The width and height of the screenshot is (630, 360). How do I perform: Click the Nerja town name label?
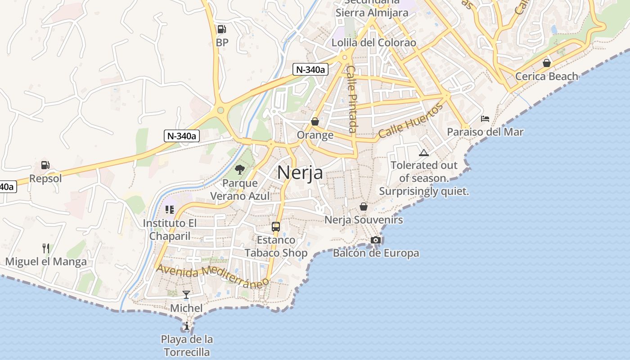tap(300, 172)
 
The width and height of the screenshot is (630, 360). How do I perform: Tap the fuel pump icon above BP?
tap(221, 29)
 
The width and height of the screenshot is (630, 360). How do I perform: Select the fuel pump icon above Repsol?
tap(45, 165)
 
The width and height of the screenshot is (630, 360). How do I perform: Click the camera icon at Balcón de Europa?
tap(376, 240)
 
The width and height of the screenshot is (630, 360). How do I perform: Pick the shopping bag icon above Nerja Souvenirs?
tap(364, 207)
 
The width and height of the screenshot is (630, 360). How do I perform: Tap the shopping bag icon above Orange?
tap(315, 121)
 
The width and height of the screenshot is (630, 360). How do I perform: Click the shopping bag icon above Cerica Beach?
tap(547, 63)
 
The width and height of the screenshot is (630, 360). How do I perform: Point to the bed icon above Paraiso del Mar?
tap(485, 119)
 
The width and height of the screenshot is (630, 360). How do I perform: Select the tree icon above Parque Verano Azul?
tap(240, 170)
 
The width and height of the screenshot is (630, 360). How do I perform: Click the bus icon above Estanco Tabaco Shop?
tap(276, 227)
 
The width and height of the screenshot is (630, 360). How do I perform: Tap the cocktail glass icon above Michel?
tap(186, 295)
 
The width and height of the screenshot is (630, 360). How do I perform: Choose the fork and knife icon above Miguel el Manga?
tap(46, 248)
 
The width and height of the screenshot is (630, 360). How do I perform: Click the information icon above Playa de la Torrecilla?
tap(187, 326)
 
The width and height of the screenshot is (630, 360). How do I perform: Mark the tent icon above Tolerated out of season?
tap(424, 153)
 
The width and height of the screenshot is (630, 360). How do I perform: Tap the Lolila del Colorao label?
tap(374, 43)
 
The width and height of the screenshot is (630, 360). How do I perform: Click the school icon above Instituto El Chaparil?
tap(170, 210)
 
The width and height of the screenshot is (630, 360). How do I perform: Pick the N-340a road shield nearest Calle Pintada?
tap(310, 69)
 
